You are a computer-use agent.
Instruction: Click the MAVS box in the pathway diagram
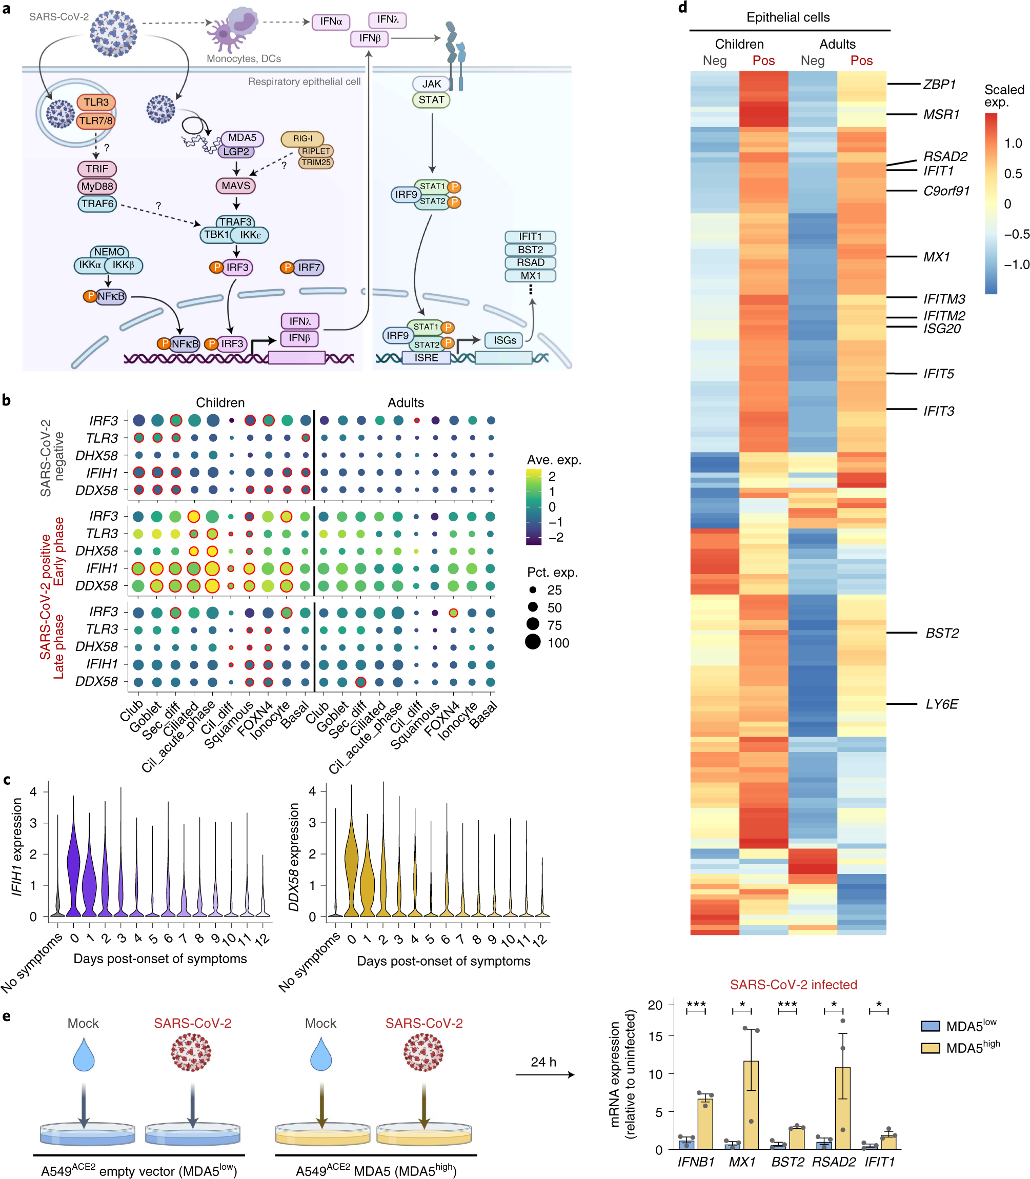pyautogui.click(x=236, y=186)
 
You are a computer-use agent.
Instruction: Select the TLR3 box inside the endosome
pyautogui.click(x=96, y=103)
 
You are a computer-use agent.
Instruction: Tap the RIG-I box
pyautogui.click(x=302, y=138)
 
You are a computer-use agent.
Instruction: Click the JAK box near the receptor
pyautogui.click(x=431, y=84)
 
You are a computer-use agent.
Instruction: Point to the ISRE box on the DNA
pyautogui.click(x=426, y=357)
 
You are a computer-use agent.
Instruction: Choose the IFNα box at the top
pyautogui.click(x=331, y=21)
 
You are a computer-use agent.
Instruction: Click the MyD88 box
pyautogui.click(x=96, y=186)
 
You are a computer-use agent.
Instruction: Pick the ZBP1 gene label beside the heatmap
pyautogui.click(x=939, y=85)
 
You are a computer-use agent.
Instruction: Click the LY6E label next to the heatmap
pyautogui.click(x=941, y=704)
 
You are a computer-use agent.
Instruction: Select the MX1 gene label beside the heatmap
pyautogui.click(x=936, y=257)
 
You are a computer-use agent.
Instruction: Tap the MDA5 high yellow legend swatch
pyautogui.click(x=930, y=1048)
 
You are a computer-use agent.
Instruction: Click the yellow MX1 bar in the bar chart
pyautogui.click(x=751, y=1104)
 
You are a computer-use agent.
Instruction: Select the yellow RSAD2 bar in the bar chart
pyautogui.click(x=843, y=1108)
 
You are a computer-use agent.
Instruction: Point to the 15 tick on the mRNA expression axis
pyautogui.click(x=655, y=1036)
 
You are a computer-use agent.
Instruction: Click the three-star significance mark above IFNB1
pyautogui.click(x=696, y=1004)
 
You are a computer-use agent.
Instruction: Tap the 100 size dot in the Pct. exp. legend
pyautogui.click(x=533, y=642)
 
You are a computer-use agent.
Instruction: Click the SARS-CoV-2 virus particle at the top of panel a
pyautogui.click(x=114, y=33)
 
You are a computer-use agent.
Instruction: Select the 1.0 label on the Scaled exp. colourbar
pyautogui.click(x=1013, y=143)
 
